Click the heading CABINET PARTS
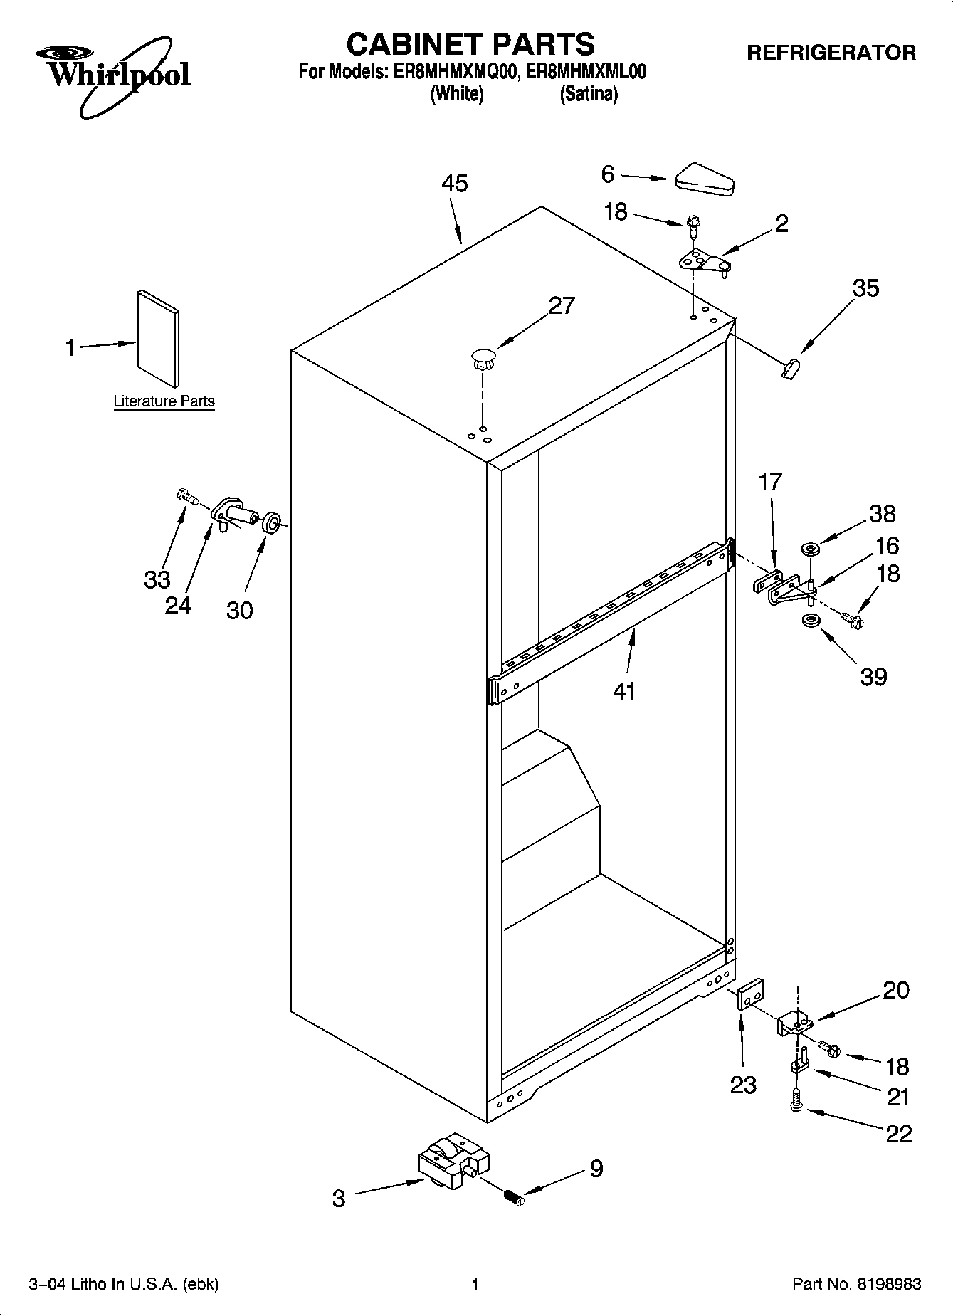[x=470, y=44]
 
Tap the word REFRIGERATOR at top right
[x=831, y=53]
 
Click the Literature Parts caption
[x=164, y=401]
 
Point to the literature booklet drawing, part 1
[x=158, y=339]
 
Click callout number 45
[x=454, y=184]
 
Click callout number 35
[x=865, y=288]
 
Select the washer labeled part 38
[x=810, y=549]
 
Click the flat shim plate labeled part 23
[x=749, y=994]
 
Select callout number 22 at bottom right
[x=897, y=1133]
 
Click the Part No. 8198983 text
[x=856, y=1285]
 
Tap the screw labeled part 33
[x=186, y=495]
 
